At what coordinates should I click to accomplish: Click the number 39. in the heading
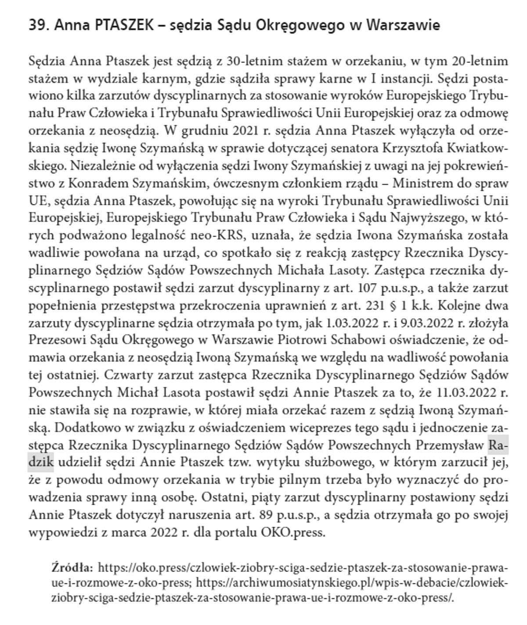(39, 25)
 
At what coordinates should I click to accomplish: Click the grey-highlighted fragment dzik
(41, 462)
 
